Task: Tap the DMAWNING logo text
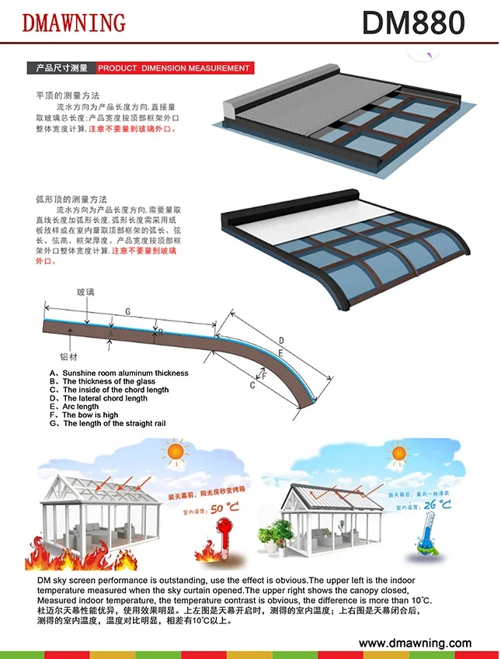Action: click(74, 23)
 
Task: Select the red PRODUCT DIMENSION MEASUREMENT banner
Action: click(174, 68)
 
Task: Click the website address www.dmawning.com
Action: click(415, 643)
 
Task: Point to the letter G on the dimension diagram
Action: click(127, 311)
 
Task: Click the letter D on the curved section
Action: click(280, 340)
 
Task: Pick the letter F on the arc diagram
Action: click(264, 375)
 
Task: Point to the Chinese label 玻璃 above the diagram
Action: click(85, 293)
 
